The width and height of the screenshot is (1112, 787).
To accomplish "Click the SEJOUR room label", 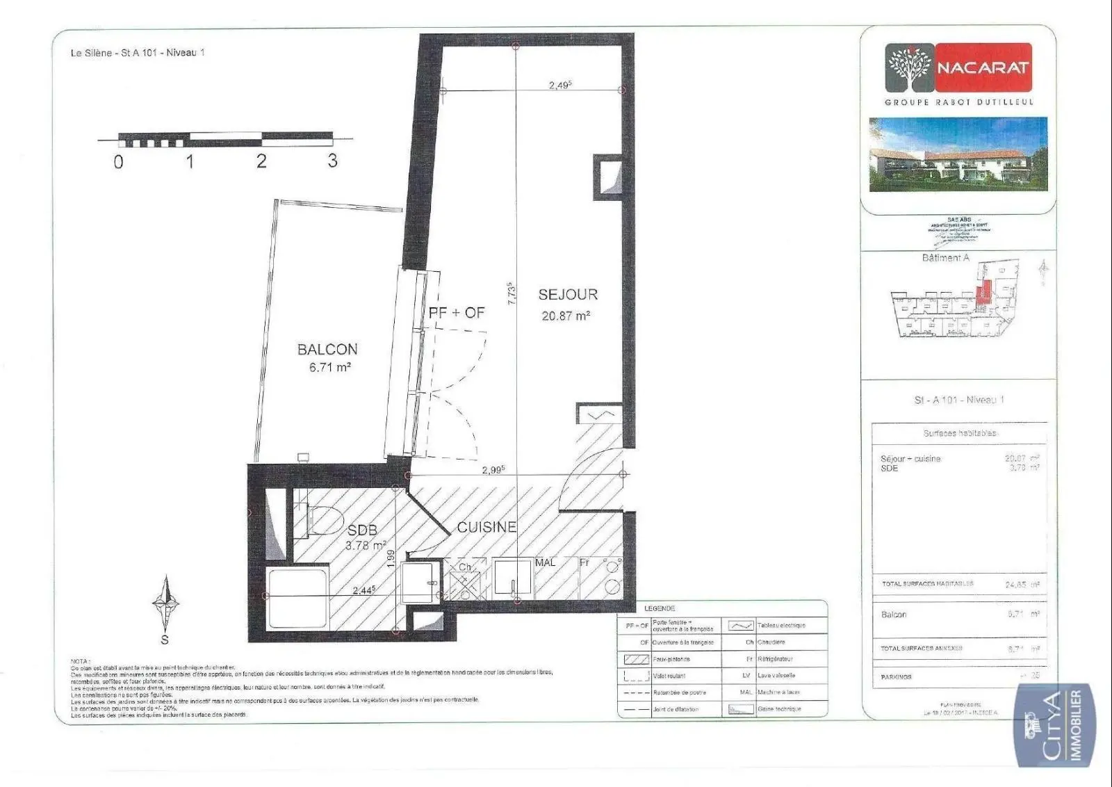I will (x=568, y=295).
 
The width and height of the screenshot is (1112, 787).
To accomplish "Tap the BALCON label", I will (x=327, y=350).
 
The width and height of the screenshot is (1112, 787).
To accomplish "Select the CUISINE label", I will (x=486, y=528).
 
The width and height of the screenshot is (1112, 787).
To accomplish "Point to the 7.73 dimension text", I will (x=512, y=293).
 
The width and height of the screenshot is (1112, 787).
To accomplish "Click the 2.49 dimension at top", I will (x=559, y=86).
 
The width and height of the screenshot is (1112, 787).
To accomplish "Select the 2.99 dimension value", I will (x=493, y=470).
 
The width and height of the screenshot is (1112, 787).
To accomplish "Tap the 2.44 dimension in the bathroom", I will (x=363, y=590).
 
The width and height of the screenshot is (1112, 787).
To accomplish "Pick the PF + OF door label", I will (x=457, y=313).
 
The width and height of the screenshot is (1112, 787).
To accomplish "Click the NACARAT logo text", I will (x=982, y=68).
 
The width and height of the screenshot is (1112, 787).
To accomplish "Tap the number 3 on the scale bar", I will (x=332, y=161).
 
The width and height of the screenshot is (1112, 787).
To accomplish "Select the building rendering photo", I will (x=958, y=154).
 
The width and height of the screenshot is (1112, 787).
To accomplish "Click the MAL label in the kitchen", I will (x=546, y=562).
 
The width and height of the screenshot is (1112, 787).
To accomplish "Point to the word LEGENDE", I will (x=660, y=608).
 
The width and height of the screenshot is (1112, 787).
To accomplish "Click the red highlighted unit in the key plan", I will (x=982, y=295).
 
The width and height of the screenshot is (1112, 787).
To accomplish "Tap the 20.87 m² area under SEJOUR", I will (x=566, y=316).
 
